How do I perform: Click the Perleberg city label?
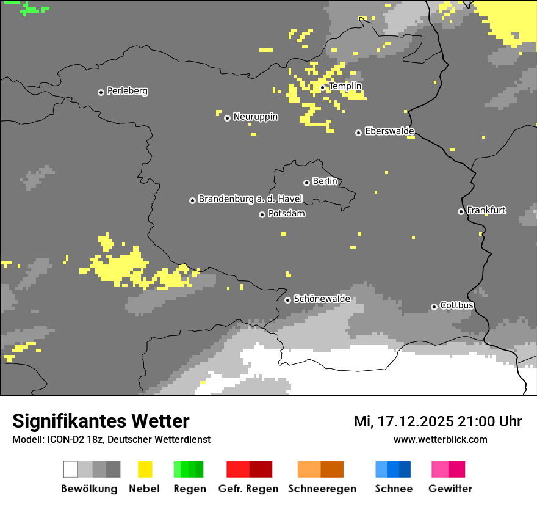(x=127, y=91)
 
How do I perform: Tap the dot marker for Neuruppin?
(x=227, y=118)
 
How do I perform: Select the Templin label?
(x=345, y=86)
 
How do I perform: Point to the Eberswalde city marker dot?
(x=358, y=133)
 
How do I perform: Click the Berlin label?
(x=325, y=181)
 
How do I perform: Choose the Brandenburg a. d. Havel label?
(x=250, y=199)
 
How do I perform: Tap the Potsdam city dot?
(x=262, y=214)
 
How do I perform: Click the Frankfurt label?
(x=486, y=210)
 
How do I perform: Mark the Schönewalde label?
(x=322, y=299)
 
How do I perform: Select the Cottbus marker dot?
(x=434, y=307)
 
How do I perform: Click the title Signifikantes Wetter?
(x=101, y=421)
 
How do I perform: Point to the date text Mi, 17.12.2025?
(x=403, y=421)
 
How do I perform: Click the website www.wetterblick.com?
(x=440, y=439)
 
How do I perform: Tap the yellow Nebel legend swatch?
(x=145, y=469)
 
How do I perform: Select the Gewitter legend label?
(x=450, y=489)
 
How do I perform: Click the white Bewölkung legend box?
(x=71, y=469)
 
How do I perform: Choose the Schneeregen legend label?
(x=322, y=489)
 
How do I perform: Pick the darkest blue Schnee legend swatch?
(x=405, y=469)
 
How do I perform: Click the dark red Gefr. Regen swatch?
(x=261, y=469)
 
